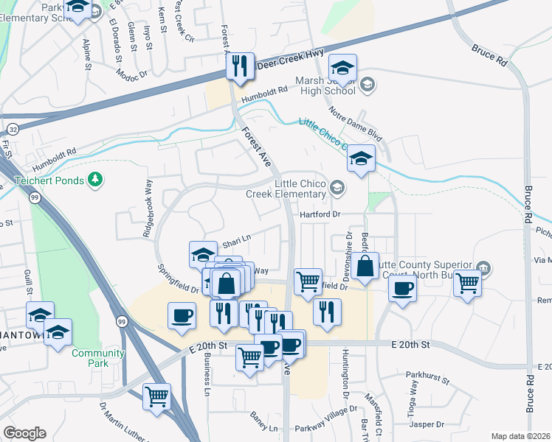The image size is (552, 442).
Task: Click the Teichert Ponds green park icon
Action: coord(94,179)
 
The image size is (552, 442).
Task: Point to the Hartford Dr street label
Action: coord(319,214)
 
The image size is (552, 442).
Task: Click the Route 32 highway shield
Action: coord(14,129)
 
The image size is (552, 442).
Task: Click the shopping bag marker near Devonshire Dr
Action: coord(365,266)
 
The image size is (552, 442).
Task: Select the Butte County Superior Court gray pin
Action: coord(483,267)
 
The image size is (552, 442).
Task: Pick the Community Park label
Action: coord(92,358)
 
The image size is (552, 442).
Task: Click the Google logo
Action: coord(24,433)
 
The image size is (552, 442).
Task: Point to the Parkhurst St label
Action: coord(427,379)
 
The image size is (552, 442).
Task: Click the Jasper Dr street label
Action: coord(427,424)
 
